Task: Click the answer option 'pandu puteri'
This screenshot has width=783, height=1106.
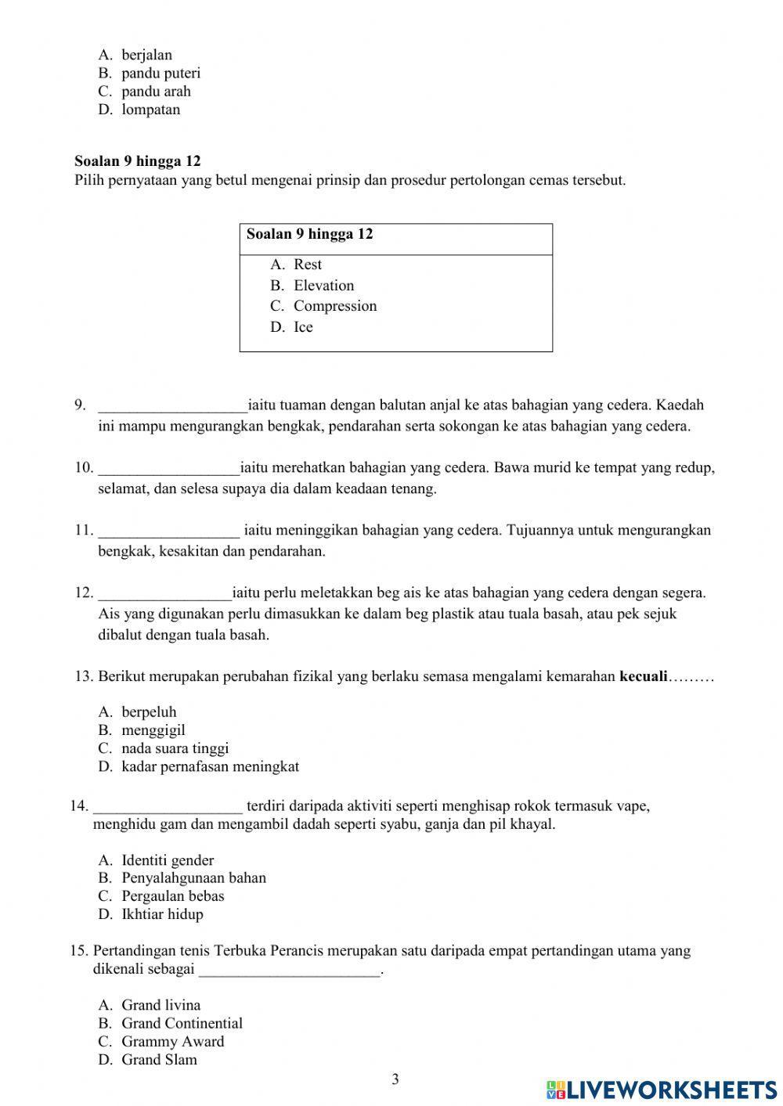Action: click(x=161, y=73)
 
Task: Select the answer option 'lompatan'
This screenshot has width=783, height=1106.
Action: click(x=150, y=110)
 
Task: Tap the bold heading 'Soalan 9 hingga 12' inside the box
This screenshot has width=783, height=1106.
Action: click(x=309, y=234)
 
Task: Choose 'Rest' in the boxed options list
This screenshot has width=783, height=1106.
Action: click(x=307, y=265)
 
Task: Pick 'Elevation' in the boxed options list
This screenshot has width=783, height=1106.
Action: click(x=323, y=286)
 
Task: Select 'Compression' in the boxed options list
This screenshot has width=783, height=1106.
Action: click(x=334, y=306)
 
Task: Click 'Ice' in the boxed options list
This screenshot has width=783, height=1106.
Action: click(x=303, y=327)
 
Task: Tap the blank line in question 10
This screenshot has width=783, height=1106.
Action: click(x=168, y=469)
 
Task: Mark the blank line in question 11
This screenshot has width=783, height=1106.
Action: click(x=168, y=531)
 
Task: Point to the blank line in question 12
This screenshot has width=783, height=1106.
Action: click(x=164, y=594)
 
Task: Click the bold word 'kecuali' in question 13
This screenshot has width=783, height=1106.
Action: click(x=642, y=676)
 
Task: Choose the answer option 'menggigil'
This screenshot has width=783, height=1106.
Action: click(x=153, y=730)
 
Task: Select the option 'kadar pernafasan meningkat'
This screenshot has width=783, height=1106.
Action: click(x=210, y=766)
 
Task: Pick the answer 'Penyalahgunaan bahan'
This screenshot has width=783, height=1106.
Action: click(x=193, y=877)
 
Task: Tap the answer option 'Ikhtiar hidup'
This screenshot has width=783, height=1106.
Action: click(x=162, y=914)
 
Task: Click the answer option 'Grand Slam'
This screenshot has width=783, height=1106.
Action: click(x=159, y=1060)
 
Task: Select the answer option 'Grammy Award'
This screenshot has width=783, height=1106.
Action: click(x=172, y=1041)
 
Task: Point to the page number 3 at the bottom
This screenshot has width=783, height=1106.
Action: click(x=395, y=1079)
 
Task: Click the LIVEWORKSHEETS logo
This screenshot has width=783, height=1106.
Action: click(x=662, y=1089)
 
